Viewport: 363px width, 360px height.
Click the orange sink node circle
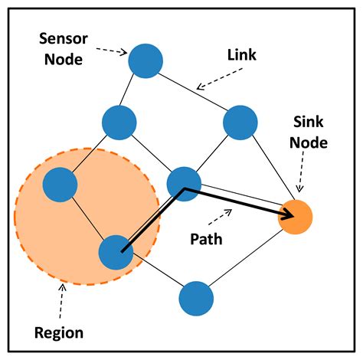point(295,216)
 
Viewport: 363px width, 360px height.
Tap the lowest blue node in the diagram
point(195,298)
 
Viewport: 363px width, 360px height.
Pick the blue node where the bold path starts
point(116,251)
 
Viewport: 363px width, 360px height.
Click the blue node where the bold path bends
point(184,183)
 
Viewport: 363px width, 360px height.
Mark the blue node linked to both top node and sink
point(240,121)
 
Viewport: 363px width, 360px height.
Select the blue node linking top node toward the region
point(119,121)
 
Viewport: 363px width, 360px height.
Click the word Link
point(242,56)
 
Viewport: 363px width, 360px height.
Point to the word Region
point(58,333)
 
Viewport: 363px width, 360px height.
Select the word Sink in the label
point(309,123)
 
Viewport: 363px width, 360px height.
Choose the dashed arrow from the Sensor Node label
point(112,51)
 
